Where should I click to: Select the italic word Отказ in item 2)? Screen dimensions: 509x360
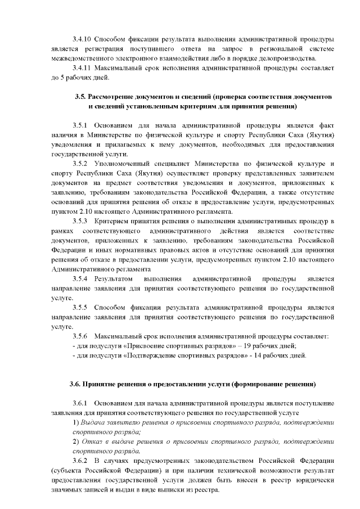92,442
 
